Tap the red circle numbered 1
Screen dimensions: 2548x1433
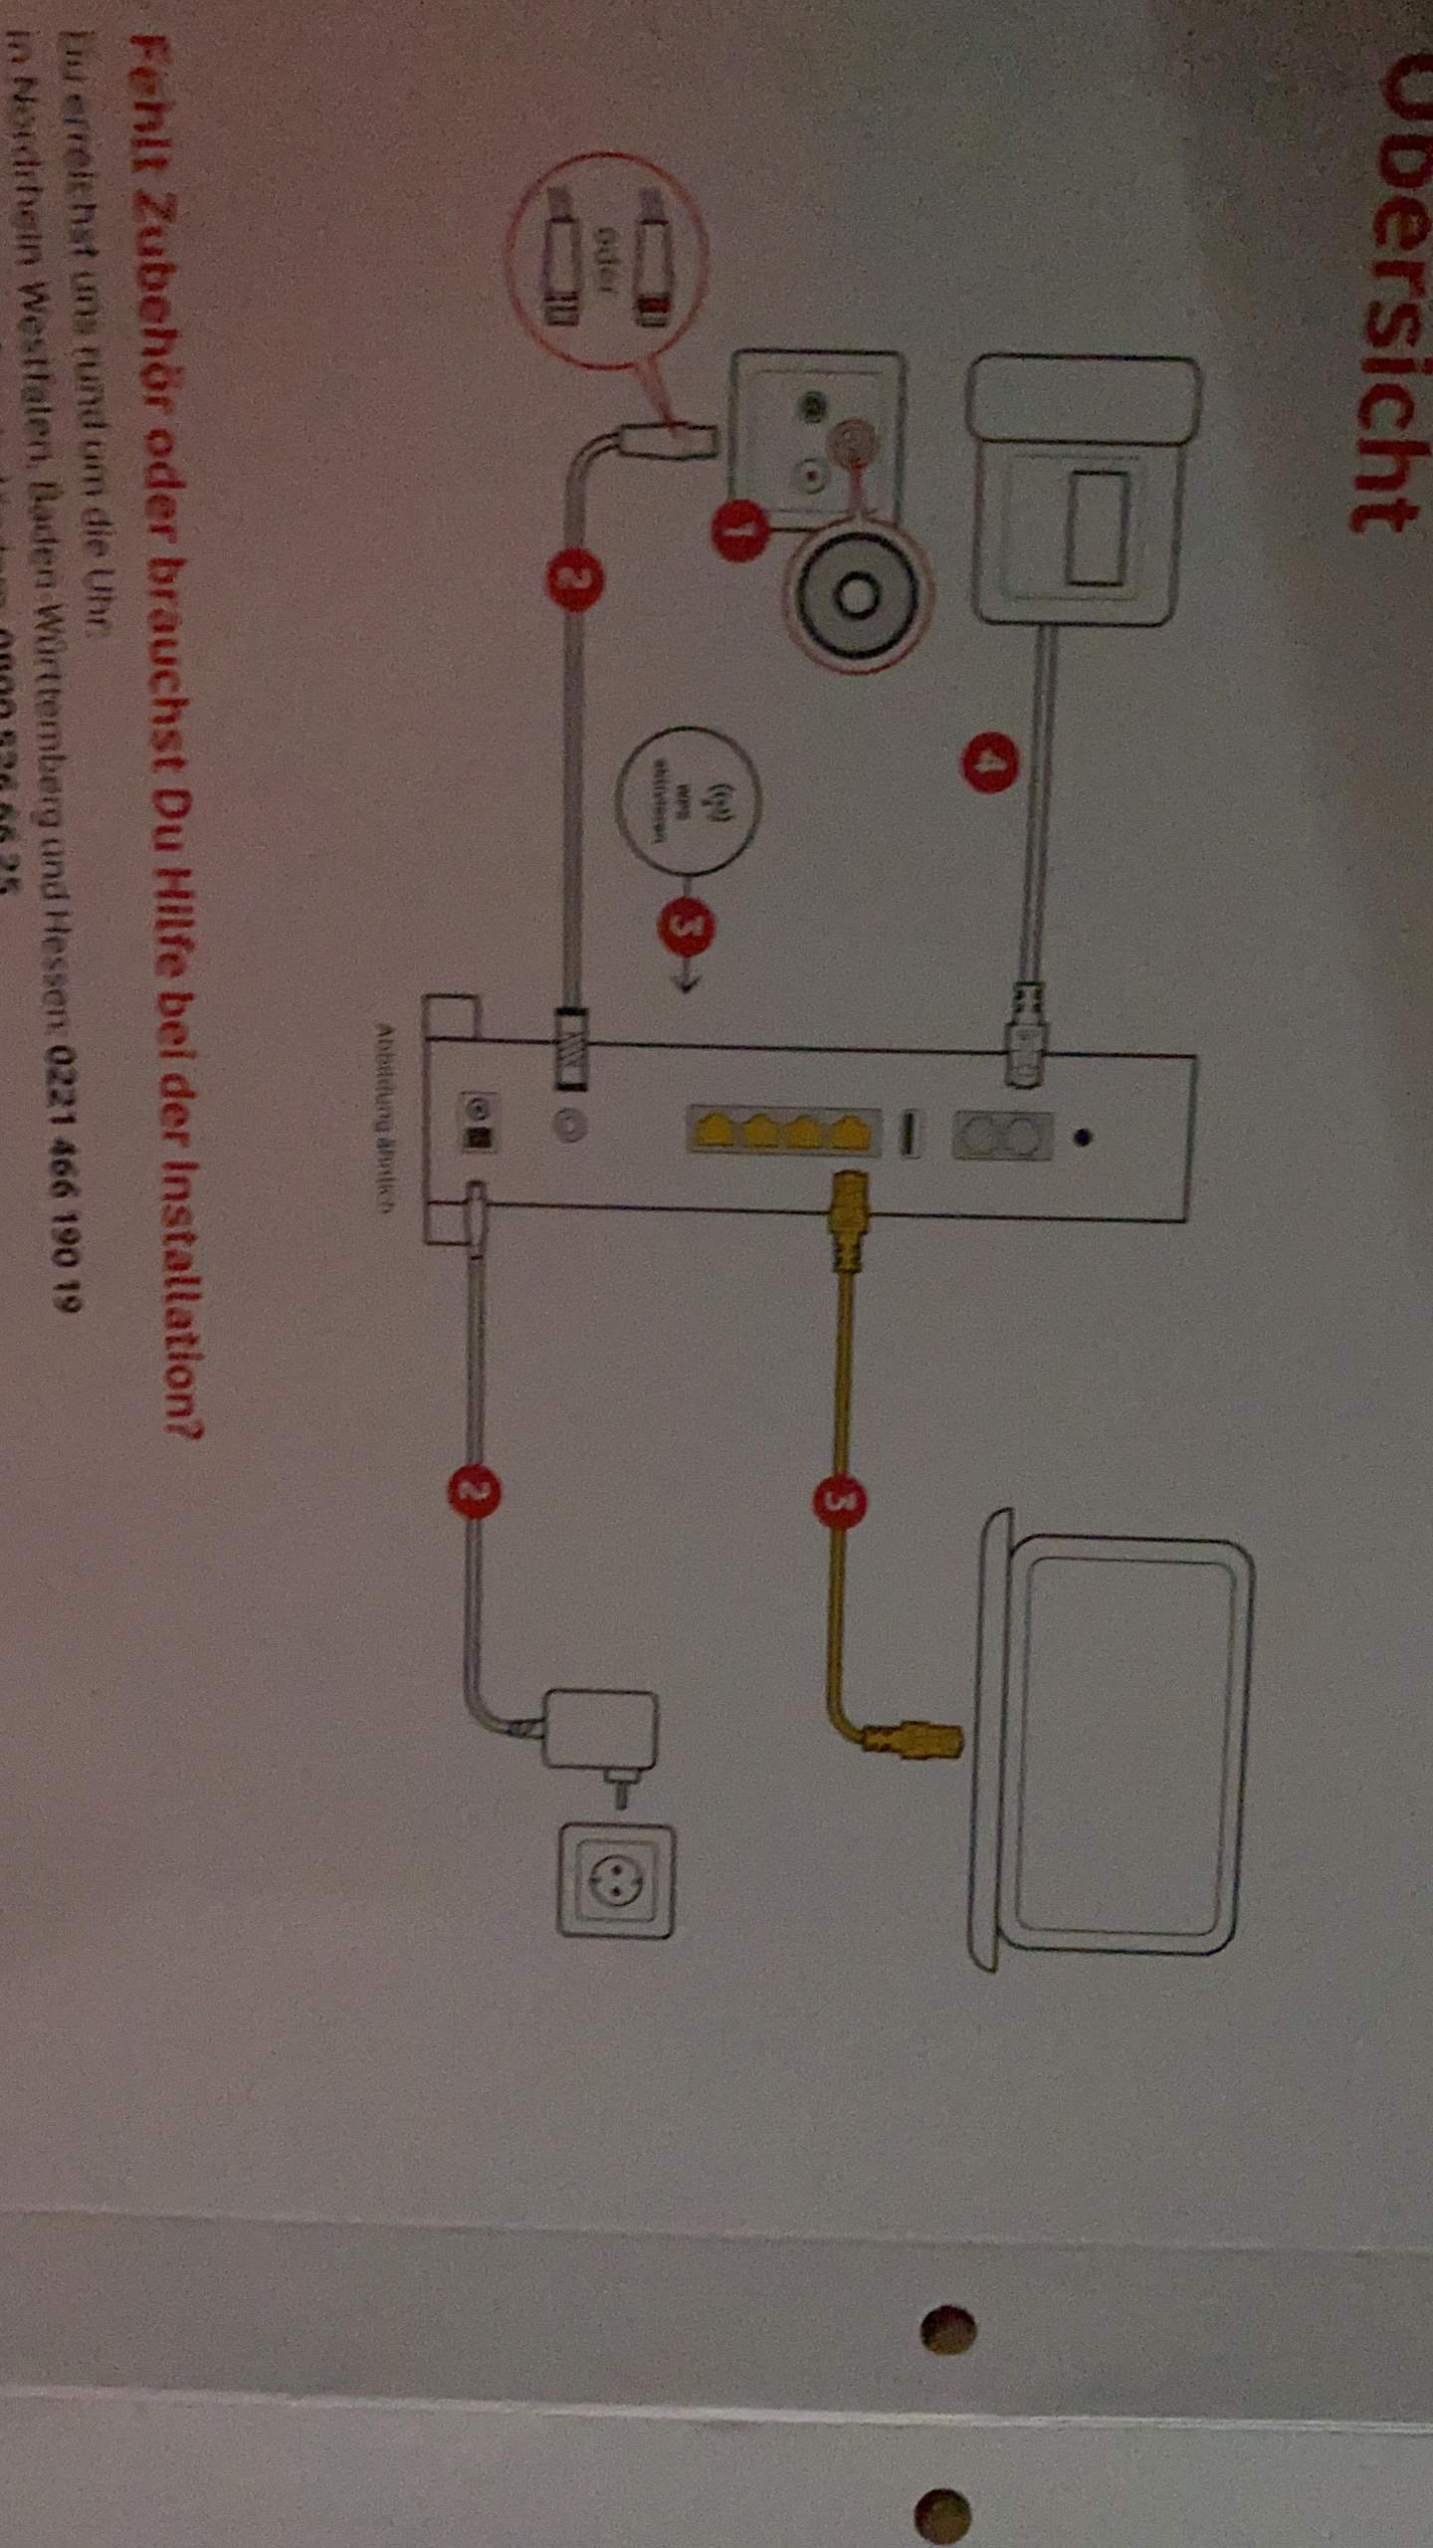(737, 531)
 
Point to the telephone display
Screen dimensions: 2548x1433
(1095, 527)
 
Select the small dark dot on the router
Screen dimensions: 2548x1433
(1086, 1134)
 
